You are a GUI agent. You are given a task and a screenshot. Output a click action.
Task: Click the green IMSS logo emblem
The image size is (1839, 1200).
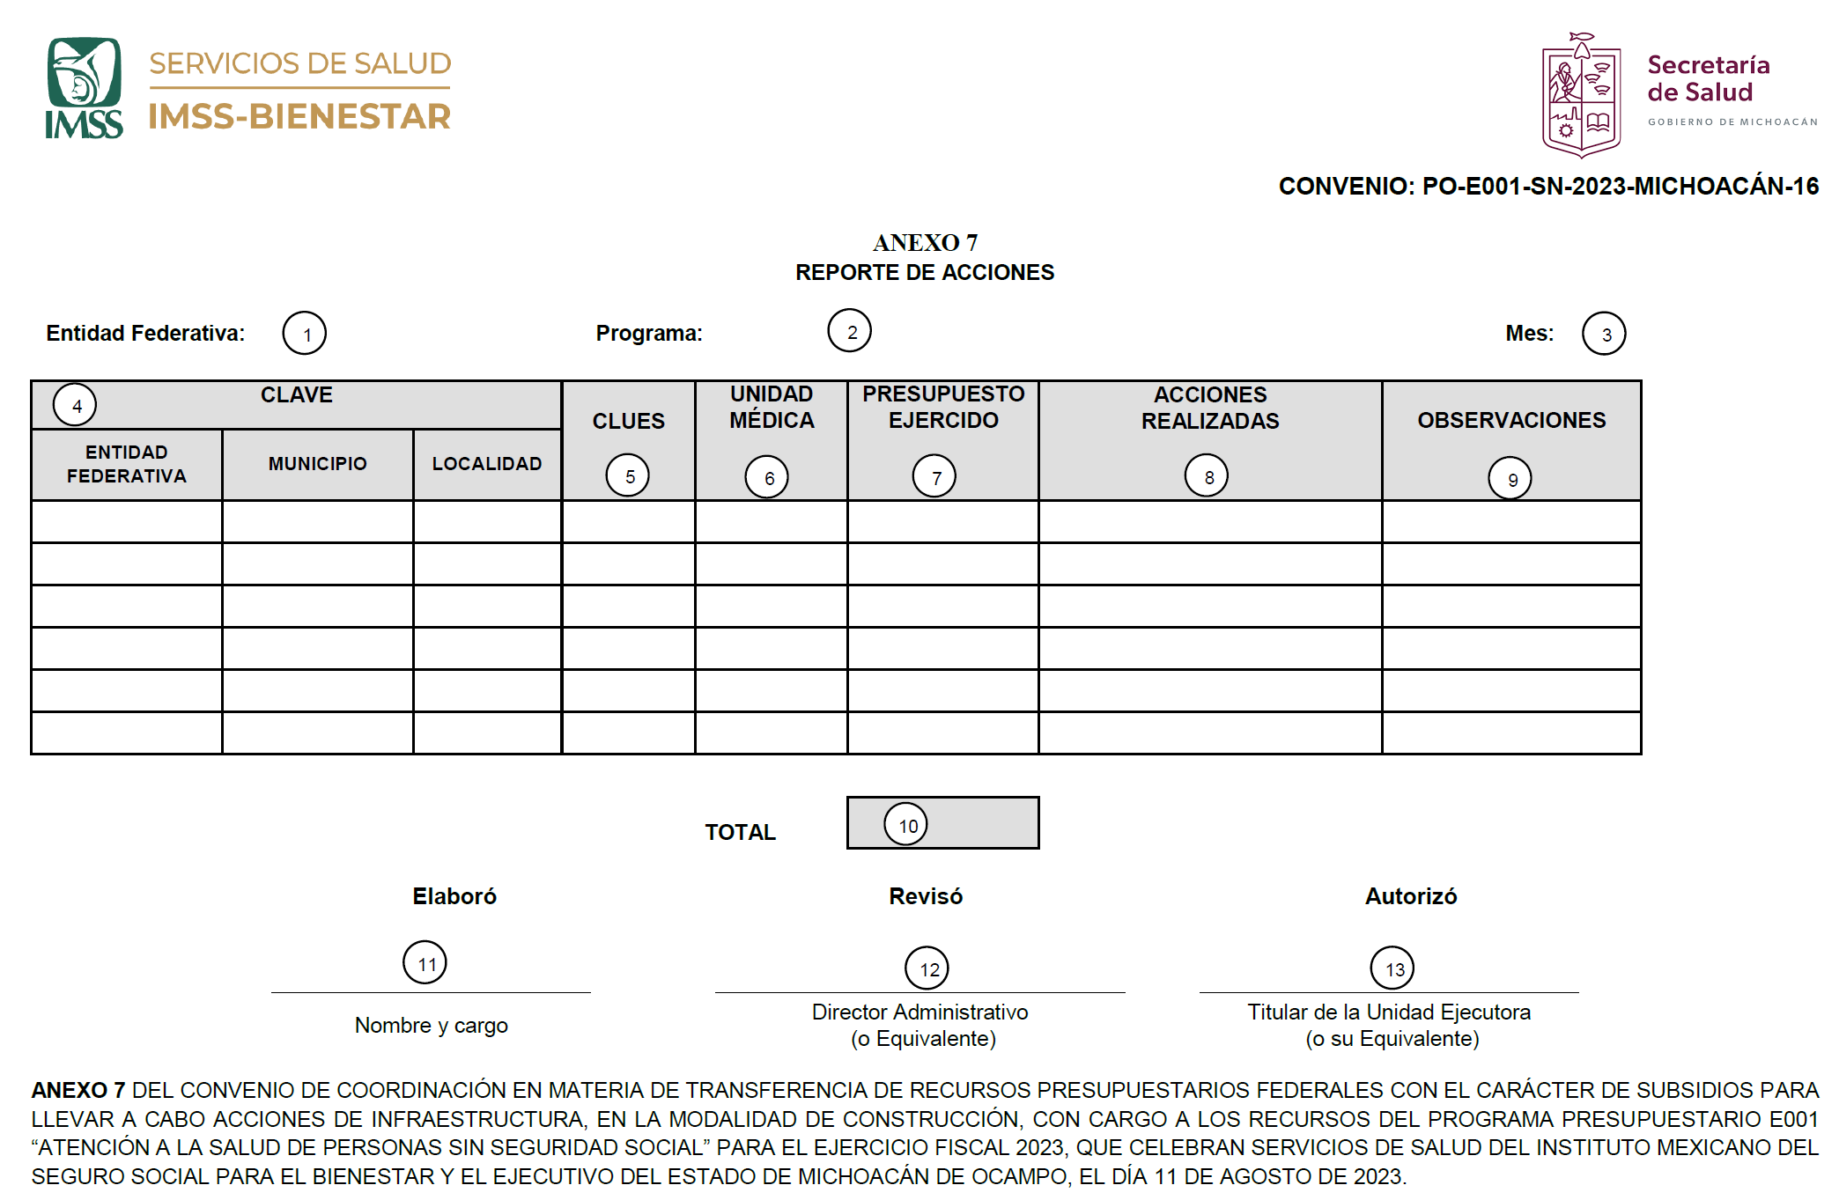[x=84, y=87]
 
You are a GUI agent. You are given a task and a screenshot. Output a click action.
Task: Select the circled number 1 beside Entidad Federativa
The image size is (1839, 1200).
[x=305, y=334]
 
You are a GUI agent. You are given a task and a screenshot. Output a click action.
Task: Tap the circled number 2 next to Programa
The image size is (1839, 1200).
[x=850, y=331]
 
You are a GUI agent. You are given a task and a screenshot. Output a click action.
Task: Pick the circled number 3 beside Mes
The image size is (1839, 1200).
[x=1604, y=334]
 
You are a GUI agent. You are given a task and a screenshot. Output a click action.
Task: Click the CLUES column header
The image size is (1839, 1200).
[x=628, y=421]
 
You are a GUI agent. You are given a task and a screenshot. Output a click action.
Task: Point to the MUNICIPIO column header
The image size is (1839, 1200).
[x=317, y=464]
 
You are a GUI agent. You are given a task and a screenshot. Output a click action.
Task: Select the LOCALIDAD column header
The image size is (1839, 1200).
[x=486, y=464]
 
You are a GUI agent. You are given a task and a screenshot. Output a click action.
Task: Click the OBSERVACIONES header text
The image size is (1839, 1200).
[x=1511, y=420]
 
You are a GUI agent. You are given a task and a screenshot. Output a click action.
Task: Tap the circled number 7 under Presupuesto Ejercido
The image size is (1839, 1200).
[x=934, y=476]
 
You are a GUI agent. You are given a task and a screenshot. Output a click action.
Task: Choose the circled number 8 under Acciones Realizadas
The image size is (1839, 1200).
[x=1207, y=476]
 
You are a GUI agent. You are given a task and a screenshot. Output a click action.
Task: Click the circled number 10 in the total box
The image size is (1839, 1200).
[x=906, y=825]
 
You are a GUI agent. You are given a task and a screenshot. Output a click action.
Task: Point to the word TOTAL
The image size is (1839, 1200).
[x=740, y=832]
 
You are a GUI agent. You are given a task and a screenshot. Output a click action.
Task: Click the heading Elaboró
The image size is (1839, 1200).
[x=454, y=896]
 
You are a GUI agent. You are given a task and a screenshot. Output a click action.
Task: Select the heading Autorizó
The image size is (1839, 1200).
[x=1411, y=896]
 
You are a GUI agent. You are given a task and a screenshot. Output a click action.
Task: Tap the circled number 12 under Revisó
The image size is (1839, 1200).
[x=927, y=968]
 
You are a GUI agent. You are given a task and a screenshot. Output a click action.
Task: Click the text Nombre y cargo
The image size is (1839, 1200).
[x=432, y=1026]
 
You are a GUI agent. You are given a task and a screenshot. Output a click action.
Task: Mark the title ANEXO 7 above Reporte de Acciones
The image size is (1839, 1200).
[x=925, y=242]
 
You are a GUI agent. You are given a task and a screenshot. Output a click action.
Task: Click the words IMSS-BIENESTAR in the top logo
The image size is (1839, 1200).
[x=299, y=116]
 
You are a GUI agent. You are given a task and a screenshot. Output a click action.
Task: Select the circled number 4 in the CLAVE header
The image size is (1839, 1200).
[x=75, y=405]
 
